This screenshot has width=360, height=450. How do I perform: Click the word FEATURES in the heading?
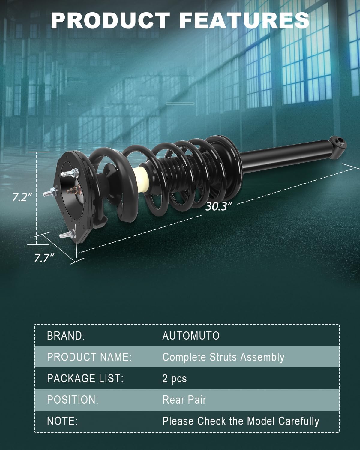point(244,20)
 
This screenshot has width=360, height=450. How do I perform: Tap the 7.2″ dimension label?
point(22,197)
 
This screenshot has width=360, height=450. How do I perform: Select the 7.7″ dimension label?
point(44,258)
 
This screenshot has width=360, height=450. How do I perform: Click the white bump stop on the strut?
point(141,179)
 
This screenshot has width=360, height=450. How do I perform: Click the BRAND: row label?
point(66,336)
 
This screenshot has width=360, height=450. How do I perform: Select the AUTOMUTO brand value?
point(191,336)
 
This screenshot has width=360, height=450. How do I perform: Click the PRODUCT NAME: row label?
point(89,357)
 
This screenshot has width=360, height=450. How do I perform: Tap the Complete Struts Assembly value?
point(223,357)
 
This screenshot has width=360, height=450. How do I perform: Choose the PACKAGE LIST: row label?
point(85,378)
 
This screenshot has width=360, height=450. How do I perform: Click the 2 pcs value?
point(174,379)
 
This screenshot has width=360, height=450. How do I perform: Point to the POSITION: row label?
point(73,400)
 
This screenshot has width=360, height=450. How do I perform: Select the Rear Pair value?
point(184,400)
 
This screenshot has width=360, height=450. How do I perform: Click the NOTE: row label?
point(62,421)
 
